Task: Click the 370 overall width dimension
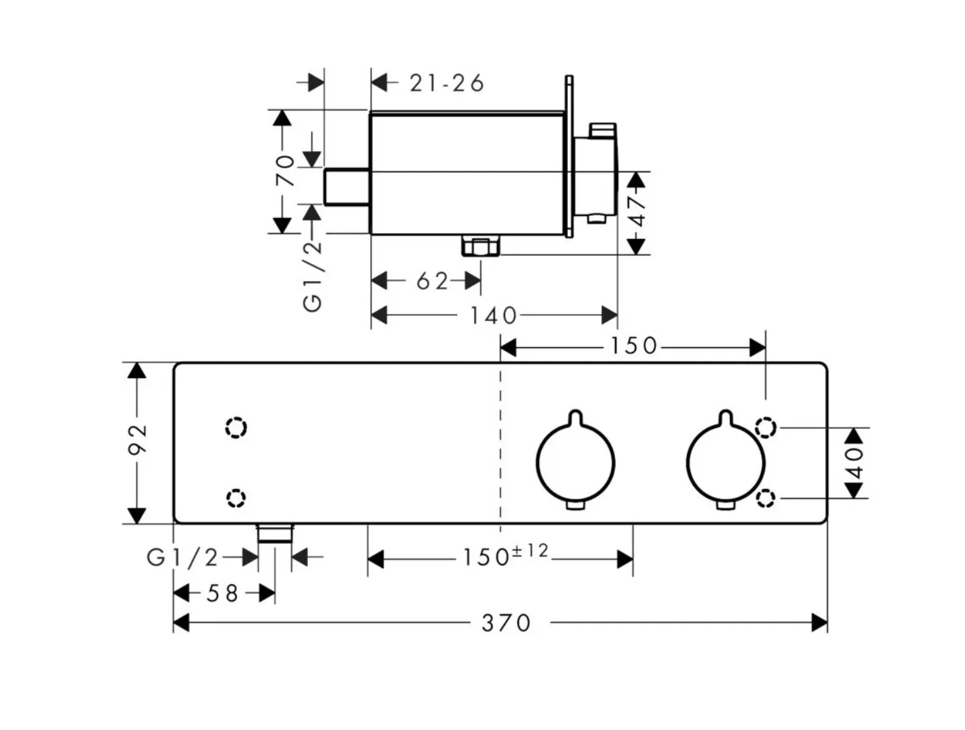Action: (506, 623)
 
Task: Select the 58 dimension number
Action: (222, 594)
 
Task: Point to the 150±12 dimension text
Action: (506, 556)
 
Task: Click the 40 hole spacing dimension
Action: (854, 463)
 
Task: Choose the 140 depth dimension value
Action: (493, 315)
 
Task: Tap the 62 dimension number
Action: (432, 282)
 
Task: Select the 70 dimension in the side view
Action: (284, 171)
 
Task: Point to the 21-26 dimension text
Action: (446, 83)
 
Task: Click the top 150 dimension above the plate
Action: (633, 346)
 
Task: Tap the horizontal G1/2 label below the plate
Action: (182, 558)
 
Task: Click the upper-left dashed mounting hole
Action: (236, 427)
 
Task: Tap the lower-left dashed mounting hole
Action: (236, 498)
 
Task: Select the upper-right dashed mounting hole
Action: (765, 427)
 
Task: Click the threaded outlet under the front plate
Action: (275, 533)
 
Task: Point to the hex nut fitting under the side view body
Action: (481, 246)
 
